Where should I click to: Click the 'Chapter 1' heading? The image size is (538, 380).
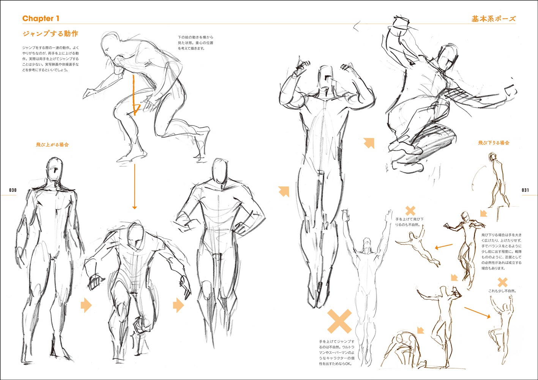[x=41, y=19]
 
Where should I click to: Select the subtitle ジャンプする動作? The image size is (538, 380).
[x=50, y=33]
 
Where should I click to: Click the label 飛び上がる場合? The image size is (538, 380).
[x=52, y=144]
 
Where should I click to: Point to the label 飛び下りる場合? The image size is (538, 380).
[x=494, y=143]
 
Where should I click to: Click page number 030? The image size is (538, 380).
[x=13, y=190]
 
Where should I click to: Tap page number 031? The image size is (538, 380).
[x=525, y=190]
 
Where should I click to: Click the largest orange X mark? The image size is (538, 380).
[x=339, y=321]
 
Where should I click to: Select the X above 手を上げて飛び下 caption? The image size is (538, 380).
[x=410, y=211]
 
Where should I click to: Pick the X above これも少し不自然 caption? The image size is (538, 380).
[x=502, y=282]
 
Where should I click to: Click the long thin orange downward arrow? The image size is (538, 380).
[x=134, y=187]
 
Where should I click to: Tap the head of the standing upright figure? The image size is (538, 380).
[x=55, y=169]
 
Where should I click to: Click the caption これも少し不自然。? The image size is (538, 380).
[x=502, y=291]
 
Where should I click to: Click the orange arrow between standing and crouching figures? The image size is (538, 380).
[x=86, y=305]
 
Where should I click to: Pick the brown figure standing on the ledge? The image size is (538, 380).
[x=499, y=180]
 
